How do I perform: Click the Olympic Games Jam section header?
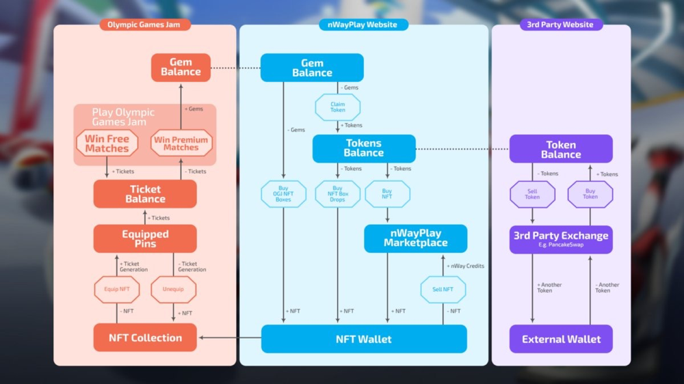coord(145,25)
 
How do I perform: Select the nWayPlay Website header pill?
coord(363,25)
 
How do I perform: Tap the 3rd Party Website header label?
coord(561,25)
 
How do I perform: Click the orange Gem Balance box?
coord(181,68)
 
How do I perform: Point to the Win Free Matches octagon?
coord(107,143)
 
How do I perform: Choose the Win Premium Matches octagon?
coord(181,143)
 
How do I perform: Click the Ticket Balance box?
coord(145,194)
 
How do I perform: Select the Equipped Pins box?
coord(145,238)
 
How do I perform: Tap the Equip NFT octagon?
coord(117,290)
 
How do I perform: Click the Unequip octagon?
coord(173,290)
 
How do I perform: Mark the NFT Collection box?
coord(145,338)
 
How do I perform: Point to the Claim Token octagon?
coord(338,107)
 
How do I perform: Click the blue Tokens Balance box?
coord(364,148)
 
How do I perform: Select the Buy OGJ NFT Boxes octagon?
coord(283,194)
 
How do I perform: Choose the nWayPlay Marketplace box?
coord(416,238)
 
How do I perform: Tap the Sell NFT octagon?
coord(443,290)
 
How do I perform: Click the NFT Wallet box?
coord(364,339)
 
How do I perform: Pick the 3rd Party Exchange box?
coord(561,239)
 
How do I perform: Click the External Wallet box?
coord(561,339)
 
